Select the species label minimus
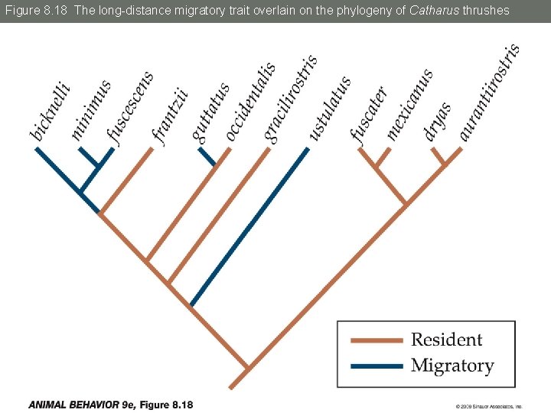(x=91, y=109)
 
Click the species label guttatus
(x=210, y=112)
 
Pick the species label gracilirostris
(x=291, y=97)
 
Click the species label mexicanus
(x=409, y=104)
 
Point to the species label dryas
(x=437, y=120)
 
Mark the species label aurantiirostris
(x=490, y=92)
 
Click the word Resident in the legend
(x=446, y=340)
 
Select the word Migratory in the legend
(x=452, y=366)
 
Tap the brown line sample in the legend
(x=376, y=340)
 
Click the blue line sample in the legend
(x=376, y=366)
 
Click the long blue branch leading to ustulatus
(x=250, y=226)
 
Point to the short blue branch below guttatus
(x=207, y=157)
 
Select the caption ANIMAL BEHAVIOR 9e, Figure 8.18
(x=111, y=405)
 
